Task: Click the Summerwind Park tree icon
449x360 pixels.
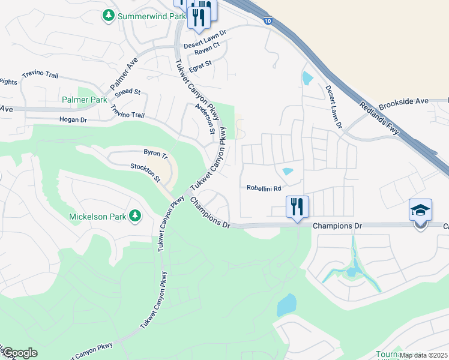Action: coord(109,16)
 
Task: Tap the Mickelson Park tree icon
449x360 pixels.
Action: coord(136,215)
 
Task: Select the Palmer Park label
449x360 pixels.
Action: coord(84,99)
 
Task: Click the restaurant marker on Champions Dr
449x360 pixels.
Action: coord(297,208)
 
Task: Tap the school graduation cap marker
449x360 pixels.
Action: coord(420,211)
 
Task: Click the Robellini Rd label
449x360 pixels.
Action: coord(264,188)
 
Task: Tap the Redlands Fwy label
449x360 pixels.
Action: coord(379,118)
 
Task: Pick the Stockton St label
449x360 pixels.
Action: coord(146,173)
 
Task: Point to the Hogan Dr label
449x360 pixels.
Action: coord(73,120)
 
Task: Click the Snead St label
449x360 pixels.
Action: coord(127,92)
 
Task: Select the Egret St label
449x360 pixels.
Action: coord(200,66)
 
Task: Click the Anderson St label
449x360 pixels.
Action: coord(205,118)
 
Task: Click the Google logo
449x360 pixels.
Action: coord(19,353)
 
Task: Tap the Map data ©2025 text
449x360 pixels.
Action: coord(423,355)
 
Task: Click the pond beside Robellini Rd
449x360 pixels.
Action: coord(288,172)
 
